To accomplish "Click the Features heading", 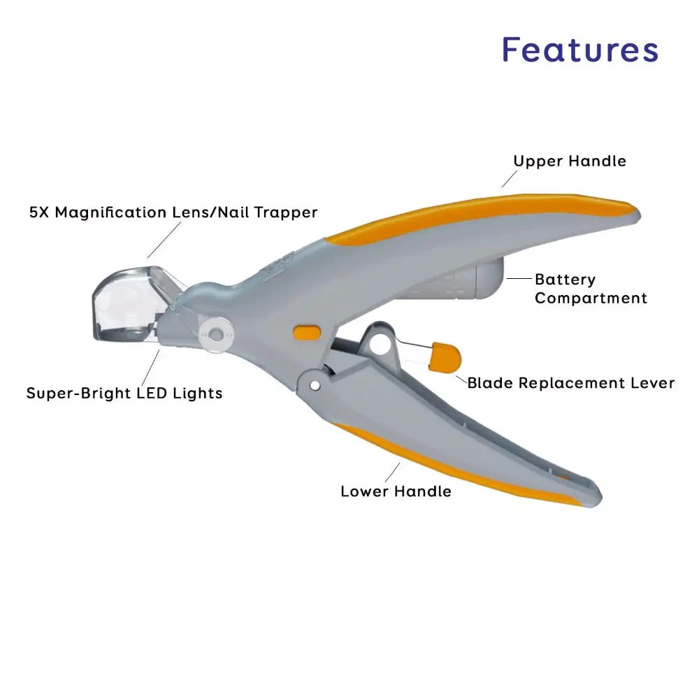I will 580,50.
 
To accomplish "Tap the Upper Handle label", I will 570,161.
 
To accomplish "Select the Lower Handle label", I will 396,491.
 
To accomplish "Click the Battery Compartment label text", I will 591,289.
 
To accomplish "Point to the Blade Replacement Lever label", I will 570,382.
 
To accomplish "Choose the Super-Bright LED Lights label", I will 124,393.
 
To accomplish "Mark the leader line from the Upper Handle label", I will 507,180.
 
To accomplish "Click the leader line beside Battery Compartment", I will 519,278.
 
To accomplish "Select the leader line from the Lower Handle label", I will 392,472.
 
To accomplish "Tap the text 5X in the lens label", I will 38,212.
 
